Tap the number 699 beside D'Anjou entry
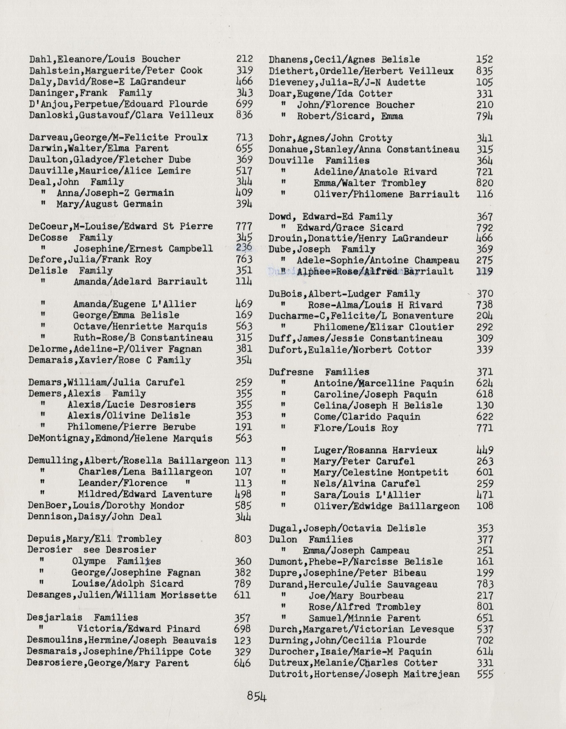(244, 104)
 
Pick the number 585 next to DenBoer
(243, 505)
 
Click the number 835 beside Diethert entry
(485, 71)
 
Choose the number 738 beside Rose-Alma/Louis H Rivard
(485, 305)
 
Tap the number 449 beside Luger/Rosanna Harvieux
(485, 450)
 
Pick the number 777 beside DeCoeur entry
(244, 226)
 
